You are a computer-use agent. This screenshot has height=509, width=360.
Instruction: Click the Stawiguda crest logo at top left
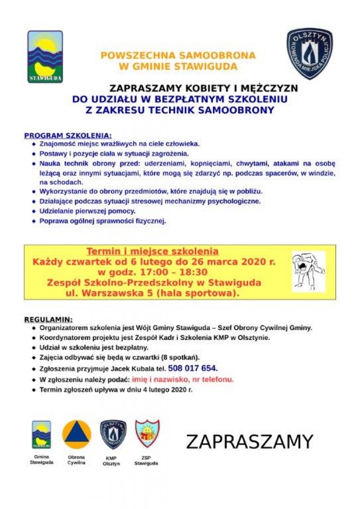click(45, 57)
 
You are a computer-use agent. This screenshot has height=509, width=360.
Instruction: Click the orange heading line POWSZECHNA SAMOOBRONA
click(178, 56)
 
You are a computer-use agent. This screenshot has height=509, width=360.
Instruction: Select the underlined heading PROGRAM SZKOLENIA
click(67, 135)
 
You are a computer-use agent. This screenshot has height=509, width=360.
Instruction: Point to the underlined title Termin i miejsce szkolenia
click(152, 251)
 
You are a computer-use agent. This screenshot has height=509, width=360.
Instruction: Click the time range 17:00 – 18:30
click(177, 272)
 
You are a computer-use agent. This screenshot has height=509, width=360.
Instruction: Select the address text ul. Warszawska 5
click(103, 293)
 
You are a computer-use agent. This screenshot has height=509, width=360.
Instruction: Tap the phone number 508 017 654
click(193, 369)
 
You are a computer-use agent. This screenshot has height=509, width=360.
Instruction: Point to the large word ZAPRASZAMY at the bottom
click(249, 442)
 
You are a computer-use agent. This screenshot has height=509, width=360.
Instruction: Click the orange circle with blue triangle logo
click(76, 434)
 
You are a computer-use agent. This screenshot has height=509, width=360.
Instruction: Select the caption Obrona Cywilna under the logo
click(76, 460)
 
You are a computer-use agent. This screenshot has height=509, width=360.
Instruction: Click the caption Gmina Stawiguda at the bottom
click(41, 460)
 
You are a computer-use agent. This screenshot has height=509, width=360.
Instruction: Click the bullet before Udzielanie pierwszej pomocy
click(34, 211)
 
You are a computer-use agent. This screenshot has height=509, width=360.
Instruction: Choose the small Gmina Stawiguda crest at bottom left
click(41, 434)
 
